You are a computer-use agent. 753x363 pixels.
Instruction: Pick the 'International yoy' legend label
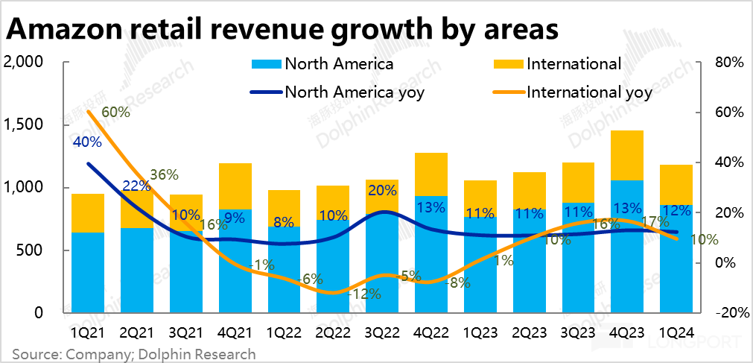point(588,92)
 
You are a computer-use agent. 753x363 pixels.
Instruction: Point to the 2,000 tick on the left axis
point(24,62)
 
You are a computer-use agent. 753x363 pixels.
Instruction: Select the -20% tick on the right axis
point(725,313)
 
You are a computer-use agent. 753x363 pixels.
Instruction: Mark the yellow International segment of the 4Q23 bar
point(627,155)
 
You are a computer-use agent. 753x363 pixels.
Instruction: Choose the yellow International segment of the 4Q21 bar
point(235,186)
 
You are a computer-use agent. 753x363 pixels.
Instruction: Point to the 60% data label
point(115,113)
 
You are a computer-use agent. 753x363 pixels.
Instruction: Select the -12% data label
point(366,294)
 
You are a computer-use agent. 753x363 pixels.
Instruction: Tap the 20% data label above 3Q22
point(381,190)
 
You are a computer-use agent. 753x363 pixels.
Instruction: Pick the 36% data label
point(164,175)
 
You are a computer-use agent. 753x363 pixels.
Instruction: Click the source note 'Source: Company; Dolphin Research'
point(133,354)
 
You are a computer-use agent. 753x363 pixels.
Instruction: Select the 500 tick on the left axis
point(31,250)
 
